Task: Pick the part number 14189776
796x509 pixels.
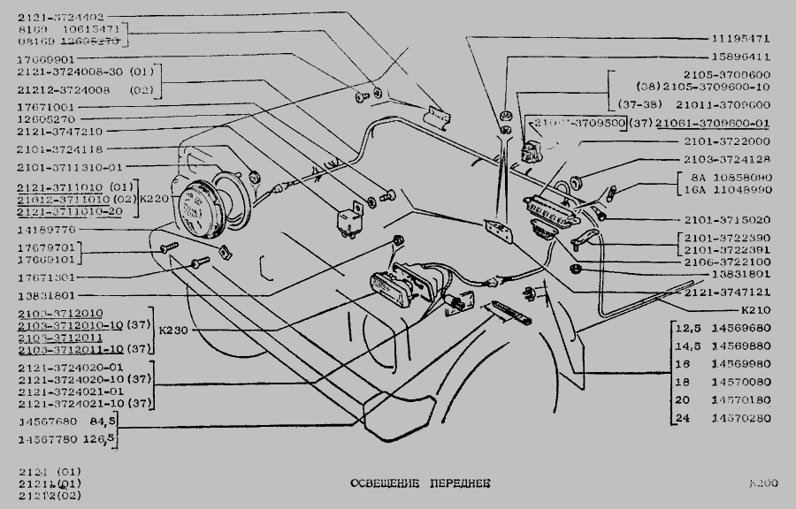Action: point(46,230)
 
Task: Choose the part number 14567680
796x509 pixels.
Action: point(46,422)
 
